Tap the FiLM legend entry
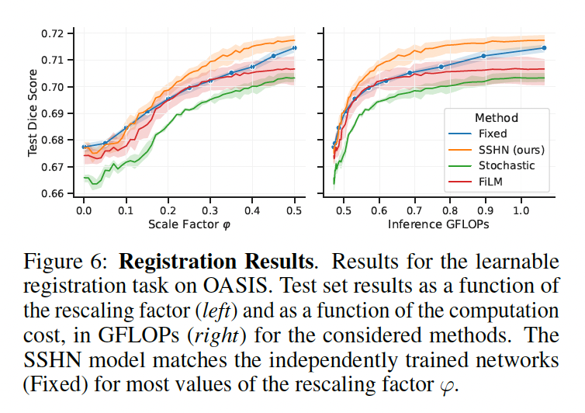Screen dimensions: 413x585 (492, 181)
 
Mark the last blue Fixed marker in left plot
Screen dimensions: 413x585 (295, 48)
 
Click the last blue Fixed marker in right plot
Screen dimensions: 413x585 (544, 48)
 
